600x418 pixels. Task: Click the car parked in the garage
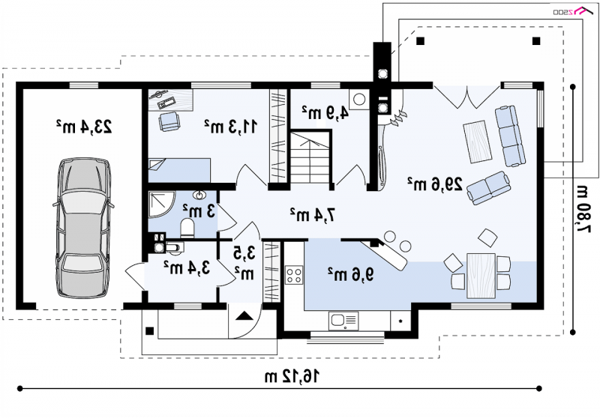click(83, 228)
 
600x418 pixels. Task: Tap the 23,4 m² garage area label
click(84, 127)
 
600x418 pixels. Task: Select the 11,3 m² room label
click(230, 126)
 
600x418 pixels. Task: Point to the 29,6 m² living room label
click(434, 184)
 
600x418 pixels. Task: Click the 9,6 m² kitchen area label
click(350, 274)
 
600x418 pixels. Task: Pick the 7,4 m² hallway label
click(313, 215)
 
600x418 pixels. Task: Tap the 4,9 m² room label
click(325, 112)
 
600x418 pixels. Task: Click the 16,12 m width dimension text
click(292, 377)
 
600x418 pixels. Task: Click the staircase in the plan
click(310, 157)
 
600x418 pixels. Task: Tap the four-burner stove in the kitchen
click(294, 275)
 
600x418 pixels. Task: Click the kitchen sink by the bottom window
click(343, 321)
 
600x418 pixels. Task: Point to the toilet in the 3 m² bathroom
click(187, 228)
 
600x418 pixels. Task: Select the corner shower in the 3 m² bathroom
click(160, 205)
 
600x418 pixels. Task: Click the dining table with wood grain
click(481, 276)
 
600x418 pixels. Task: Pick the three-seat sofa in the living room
click(510, 136)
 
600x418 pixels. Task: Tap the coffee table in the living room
click(477, 142)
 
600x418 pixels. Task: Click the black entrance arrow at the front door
click(244, 316)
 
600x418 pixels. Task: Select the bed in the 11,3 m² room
click(179, 170)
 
